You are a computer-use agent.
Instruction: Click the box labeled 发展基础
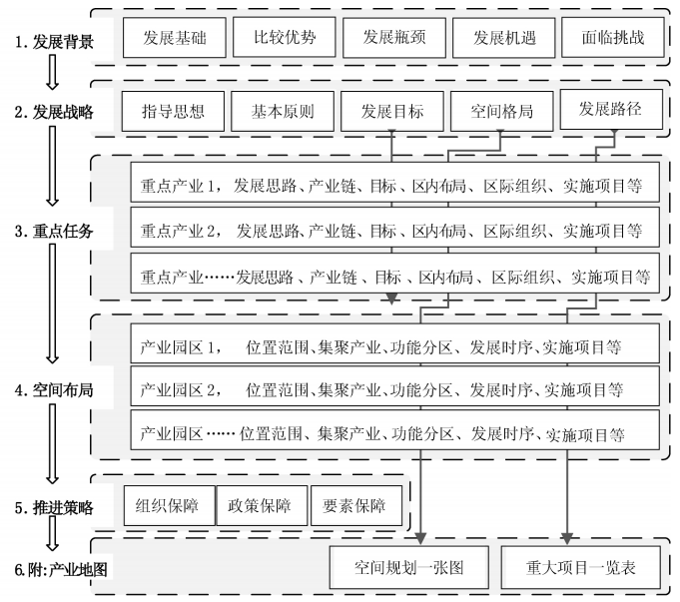(x=175, y=38)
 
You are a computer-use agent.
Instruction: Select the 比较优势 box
(x=284, y=37)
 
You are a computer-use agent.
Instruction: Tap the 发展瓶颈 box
(x=394, y=38)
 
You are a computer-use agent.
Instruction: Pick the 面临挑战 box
(x=613, y=38)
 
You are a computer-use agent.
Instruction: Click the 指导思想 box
(x=173, y=112)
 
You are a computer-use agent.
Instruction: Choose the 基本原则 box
(x=283, y=112)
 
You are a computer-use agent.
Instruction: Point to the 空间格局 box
(x=501, y=112)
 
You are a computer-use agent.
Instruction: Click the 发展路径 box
(x=611, y=109)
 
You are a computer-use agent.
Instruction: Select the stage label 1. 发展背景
(x=54, y=42)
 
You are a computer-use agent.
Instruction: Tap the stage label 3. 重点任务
(x=54, y=231)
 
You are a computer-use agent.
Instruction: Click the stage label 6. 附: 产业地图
(x=61, y=569)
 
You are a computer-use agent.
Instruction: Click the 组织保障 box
(x=170, y=506)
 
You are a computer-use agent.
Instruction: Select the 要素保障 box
(x=356, y=506)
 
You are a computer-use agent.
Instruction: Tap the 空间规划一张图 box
(x=409, y=567)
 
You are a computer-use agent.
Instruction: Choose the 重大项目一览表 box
(x=581, y=567)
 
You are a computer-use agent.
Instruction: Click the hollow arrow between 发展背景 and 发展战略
(x=53, y=73)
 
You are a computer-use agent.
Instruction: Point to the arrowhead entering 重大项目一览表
(x=567, y=539)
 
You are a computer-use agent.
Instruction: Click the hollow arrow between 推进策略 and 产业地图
(x=53, y=533)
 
